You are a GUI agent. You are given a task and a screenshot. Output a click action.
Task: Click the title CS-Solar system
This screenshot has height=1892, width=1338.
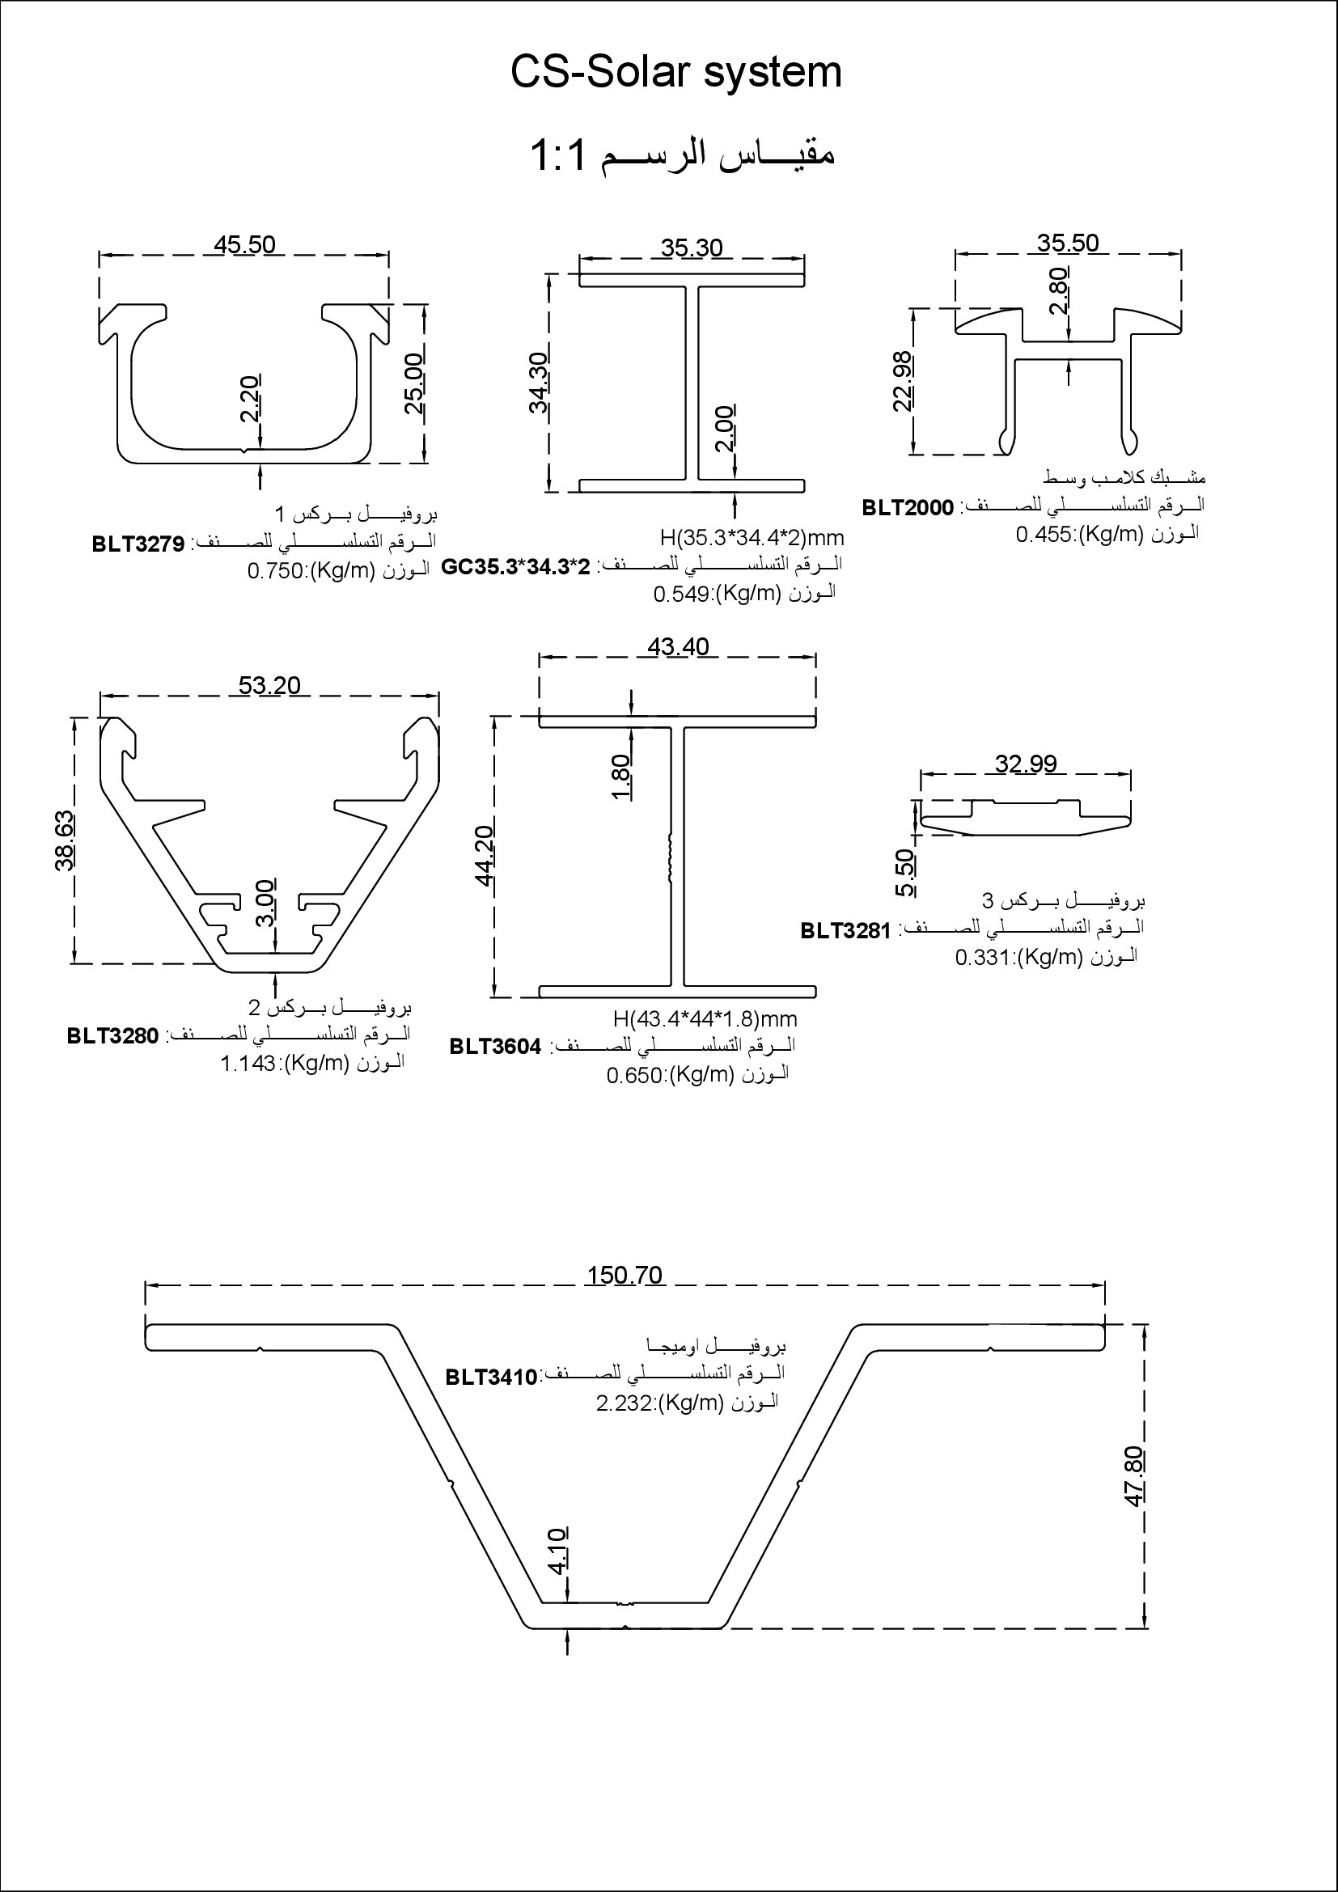(x=675, y=73)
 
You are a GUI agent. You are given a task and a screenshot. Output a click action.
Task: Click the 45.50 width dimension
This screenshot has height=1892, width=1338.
(x=244, y=245)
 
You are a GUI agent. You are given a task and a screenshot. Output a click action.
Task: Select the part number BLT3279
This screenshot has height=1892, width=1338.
(x=138, y=543)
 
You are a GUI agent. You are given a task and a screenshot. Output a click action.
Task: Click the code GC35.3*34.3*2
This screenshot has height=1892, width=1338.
(x=516, y=567)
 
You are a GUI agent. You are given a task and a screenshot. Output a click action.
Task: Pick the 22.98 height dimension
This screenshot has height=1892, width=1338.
(x=903, y=381)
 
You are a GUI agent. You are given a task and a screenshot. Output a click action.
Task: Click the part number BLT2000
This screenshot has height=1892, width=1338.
(x=908, y=508)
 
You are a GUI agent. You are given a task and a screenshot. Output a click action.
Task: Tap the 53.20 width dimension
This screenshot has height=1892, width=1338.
(x=269, y=685)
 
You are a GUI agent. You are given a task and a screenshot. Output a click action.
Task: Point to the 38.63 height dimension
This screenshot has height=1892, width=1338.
(x=65, y=840)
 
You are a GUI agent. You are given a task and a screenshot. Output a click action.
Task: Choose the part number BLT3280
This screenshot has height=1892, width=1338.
(x=113, y=1036)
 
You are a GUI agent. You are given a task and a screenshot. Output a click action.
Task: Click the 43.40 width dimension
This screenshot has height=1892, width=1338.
(x=678, y=647)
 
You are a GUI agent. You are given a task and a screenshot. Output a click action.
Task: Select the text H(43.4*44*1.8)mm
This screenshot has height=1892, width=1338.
(x=705, y=1019)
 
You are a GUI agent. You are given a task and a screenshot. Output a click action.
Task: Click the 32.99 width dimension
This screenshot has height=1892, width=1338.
(x=1026, y=764)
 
